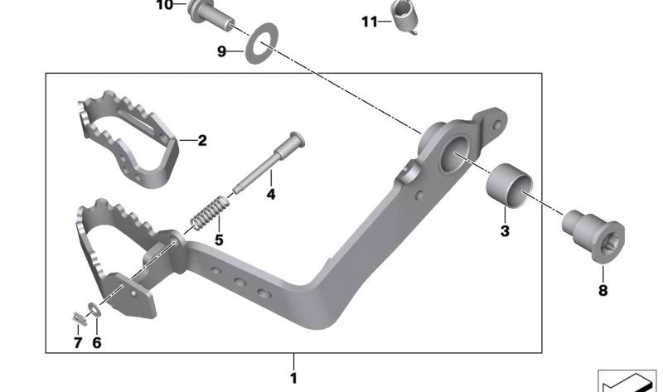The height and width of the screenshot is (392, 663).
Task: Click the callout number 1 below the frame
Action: pyautogui.click(x=293, y=379)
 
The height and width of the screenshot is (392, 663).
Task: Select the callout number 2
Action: pyautogui.click(x=202, y=141)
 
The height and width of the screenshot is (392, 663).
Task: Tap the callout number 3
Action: pyautogui.click(x=505, y=231)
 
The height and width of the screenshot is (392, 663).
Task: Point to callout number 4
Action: pyautogui.click(x=269, y=196)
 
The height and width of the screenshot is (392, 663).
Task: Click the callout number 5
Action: pyautogui.click(x=219, y=240)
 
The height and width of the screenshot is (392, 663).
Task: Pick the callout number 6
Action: pyautogui.click(x=96, y=341)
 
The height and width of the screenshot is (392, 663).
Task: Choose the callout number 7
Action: pyautogui.click(x=78, y=341)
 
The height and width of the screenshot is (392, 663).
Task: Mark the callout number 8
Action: pyautogui.click(x=603, y=290)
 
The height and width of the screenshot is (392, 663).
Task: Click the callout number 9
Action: pyautogui.click(x=221, y=51)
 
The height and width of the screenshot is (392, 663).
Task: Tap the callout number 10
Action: pyautogui.click(x=165, y=5)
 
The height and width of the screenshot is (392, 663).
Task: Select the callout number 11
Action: pyautogui.click(x=370, y=21)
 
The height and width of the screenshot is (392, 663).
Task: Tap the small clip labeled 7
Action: pyautogui.click(x=75, y=317)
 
